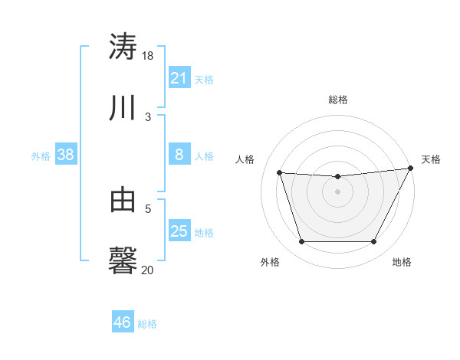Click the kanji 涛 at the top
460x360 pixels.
123,46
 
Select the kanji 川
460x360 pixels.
123,109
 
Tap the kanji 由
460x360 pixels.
123,201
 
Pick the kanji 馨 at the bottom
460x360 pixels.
123,261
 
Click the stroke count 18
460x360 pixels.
148,56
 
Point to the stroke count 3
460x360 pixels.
148,117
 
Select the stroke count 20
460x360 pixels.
148,270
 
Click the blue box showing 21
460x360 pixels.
179,78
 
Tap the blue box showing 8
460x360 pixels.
179,155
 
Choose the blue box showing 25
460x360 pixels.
179,231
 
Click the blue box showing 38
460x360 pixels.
65,155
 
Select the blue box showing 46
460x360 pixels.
122,322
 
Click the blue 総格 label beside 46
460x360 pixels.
147,324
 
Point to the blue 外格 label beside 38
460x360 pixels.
41,156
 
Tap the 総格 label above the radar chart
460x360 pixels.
338,100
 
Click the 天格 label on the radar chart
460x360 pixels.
431,159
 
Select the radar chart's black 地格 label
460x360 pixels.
402,263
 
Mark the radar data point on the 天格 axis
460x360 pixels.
411,169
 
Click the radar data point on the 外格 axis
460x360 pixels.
301,242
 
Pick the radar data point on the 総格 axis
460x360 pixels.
338,177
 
